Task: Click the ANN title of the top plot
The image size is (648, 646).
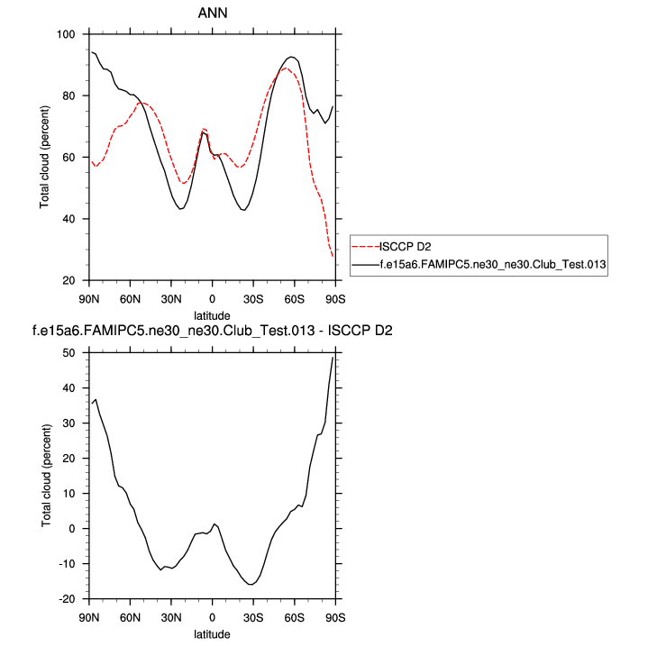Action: [x=212, y=14]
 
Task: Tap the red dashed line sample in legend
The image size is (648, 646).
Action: [x=364, y=246]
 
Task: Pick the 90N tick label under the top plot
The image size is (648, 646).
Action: [x=89, y=298]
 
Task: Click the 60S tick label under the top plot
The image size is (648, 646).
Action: [x=295, y=298]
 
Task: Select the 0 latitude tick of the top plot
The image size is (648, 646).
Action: [x=213, y=298]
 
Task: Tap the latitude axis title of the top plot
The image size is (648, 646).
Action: [x=212, y=314]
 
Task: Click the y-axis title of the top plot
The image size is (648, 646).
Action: [x=44, y=158]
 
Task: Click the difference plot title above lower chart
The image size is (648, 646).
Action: [x=212, y=332]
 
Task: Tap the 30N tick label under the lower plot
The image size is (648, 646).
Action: [x=171, y=617]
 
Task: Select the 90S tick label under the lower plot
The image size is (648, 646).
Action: [x=335, y=617]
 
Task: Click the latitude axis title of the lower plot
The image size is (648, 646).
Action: [x=212, y=633]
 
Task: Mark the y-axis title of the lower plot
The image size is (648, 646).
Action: [x=44, y=476]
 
